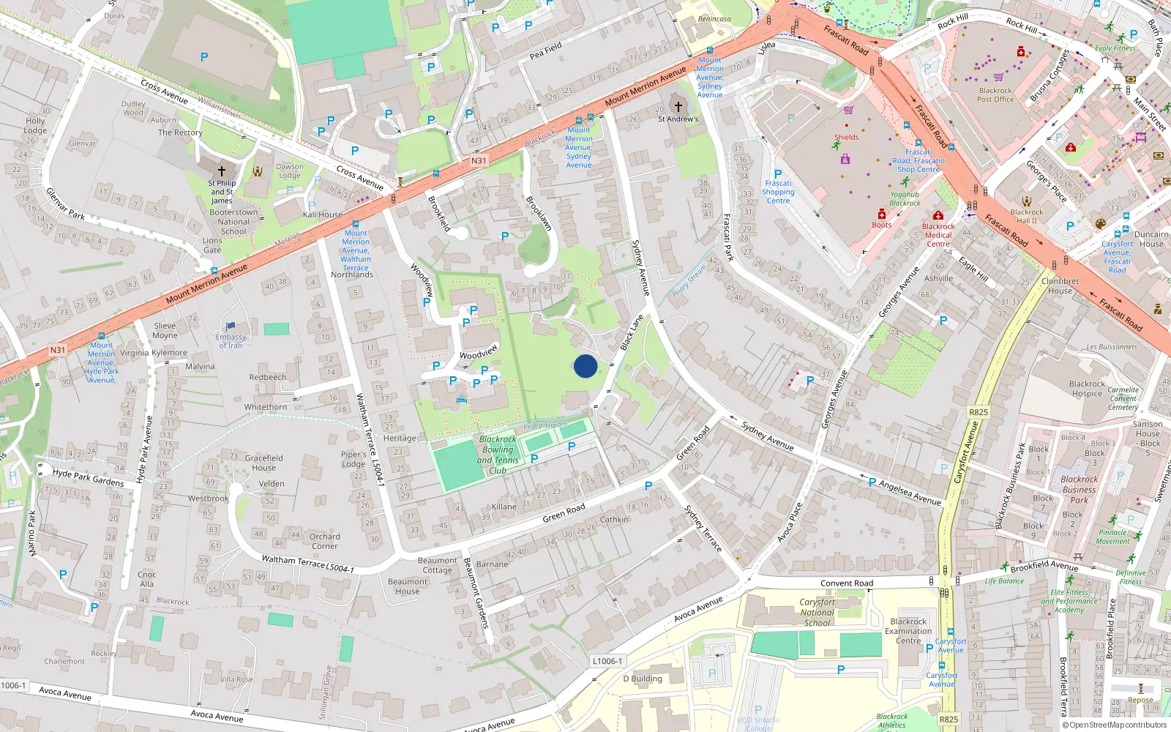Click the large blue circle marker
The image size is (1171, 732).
click(x=585, y=366)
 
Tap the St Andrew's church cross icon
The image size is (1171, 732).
click(x=678, y=107)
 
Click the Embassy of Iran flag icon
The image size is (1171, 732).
click(x=231, y=326)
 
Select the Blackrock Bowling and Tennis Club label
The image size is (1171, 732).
click(x=498, y=455)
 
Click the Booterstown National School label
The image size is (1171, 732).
click(x=233, y=222)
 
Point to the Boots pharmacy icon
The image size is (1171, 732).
click(x=882, y=214)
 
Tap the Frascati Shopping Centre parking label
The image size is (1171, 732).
click(x=778, y=187)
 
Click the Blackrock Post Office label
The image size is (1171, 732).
click(x=995, y=95)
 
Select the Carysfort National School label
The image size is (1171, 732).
click(x=817, y=613)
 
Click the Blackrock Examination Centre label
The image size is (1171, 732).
click(x=908, y=631)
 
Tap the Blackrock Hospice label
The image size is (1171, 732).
click(x=1087, y=389)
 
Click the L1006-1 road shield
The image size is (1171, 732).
click(x=607, y=661)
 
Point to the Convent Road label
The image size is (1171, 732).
click(x=847, y=583)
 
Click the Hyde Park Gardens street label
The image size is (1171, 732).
click(x=88, y=477)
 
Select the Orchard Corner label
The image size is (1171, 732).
click(x=324, y=541)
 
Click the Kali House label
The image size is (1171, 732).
click(x=323, y=214)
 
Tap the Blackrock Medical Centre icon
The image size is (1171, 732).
click(x=938, y=216)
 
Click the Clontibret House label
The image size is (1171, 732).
click(x=1060, y=285)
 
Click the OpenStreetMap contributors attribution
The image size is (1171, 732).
click(x=1115, y=725)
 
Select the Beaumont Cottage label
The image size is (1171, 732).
click(x=437, y=565)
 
